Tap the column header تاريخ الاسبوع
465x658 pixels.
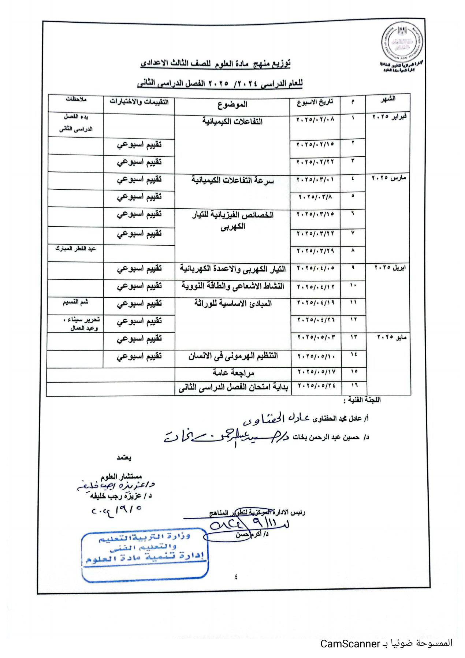click(x=315, y=102)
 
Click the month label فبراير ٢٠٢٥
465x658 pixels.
click(x=389, y=117)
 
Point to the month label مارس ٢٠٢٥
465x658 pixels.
click(x=389, y=178)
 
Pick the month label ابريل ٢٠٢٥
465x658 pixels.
click(x=390, y=268)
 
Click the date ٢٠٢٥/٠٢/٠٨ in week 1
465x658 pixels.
click(x=315, y=120)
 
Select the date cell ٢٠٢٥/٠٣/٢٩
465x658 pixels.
click(x=315, y=251)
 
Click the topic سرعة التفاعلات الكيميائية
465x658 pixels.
click(x=232, y=181)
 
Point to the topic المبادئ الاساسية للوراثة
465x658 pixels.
click(x=233, y=304)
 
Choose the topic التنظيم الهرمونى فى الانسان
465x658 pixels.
click(x=233, y=356)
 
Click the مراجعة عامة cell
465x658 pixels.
click(x=233, y=373)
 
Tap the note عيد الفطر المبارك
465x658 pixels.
click(x=75, y=249)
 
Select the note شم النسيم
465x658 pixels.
click(x=75, y=302)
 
